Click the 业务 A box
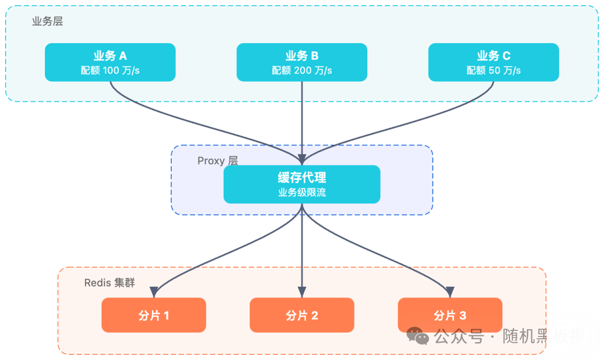[x=110, y=62]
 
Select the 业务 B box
[x=302, y=62]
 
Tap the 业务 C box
[x=493, y=62]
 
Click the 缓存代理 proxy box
[x=302, y=184]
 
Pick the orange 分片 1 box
[x=154, y=315]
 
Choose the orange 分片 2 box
[x=302, y=315]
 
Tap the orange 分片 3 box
[x=450, y=315]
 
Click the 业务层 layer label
[x=48, y=22]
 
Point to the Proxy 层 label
[x=218, y=161]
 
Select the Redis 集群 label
[x=110, y=282]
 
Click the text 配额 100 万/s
[x=110, y=70]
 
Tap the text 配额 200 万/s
[x=302, y=70]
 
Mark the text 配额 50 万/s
[x=493, y=70]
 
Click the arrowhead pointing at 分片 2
[x=302, y=292]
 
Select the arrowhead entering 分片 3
[x=450, y=292]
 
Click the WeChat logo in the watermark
[x=418, y=336]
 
